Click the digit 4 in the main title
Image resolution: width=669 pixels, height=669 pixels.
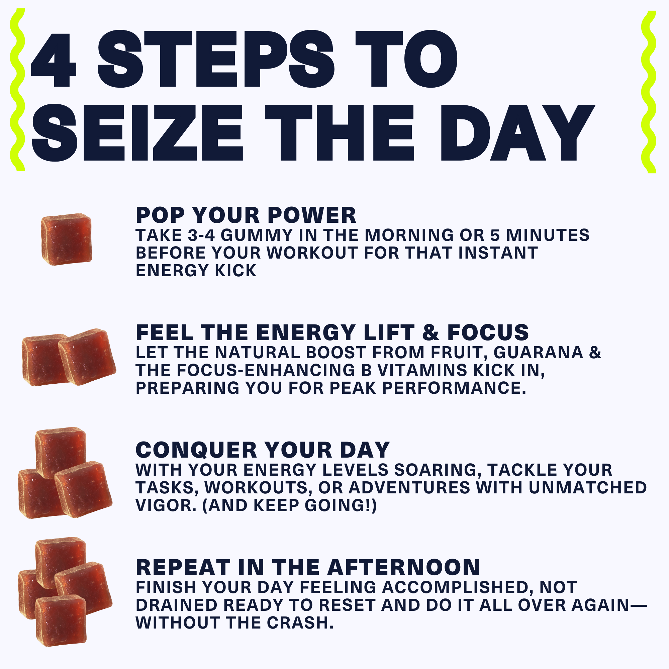point(54,60)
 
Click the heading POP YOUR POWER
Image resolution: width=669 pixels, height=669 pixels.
point(246,215)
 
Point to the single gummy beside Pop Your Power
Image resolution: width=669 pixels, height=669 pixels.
point(67,239)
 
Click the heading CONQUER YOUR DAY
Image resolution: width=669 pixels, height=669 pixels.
point(263,450)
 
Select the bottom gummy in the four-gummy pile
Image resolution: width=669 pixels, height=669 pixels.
point(61,621)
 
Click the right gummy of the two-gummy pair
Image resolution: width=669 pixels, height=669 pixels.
point(87,357)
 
